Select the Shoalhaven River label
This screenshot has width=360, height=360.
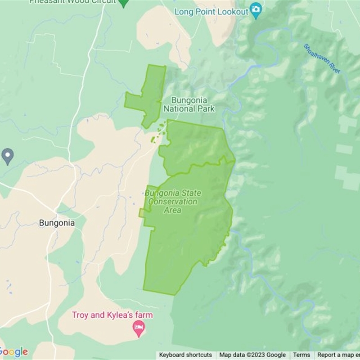pyautogui.click(x=322, y=58)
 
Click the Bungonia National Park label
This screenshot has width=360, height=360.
pyautogui.click(x=189, y=104)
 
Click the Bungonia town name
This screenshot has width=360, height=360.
pyautogui.click(x=57, y=223)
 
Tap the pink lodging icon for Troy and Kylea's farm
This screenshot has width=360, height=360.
pyautogui.click(x=139, y=329)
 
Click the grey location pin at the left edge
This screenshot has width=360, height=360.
pyautogui.click(x=8, y=156)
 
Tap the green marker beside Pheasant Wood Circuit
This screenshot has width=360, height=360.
pyautogui.click(x=123, y=3)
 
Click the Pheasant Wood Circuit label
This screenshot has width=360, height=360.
pyautogui.click(x=72, y=2)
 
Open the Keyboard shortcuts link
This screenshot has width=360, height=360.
pyautogui.click(x=185, y=355)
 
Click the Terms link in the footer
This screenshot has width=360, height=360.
pyautogui.click(x=301, y=355)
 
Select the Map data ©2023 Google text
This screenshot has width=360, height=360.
pyautogui.click(x=252, y=355)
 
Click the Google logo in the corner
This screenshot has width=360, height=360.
pyautogui.click(x=13, y=352)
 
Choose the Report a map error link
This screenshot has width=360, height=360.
pyautogui.click(x=338, y=355)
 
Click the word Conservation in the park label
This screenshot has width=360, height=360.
pyautogui.click(x=173, y=202)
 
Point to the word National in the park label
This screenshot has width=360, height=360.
pyautogui.click(x=180, y=108)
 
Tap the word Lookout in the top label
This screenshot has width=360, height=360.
pyautogui.click(x=234, y=12)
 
